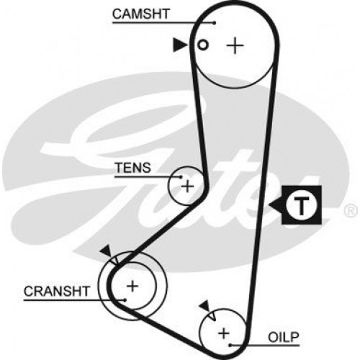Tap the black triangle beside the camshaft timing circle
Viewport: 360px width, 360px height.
click(x=178, y=45)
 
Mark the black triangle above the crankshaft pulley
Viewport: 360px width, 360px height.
click(x=107, y=249)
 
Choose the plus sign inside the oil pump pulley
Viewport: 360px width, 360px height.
click(x=223, y=332)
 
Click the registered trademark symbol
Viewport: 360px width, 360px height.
click(x=350, y=211)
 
